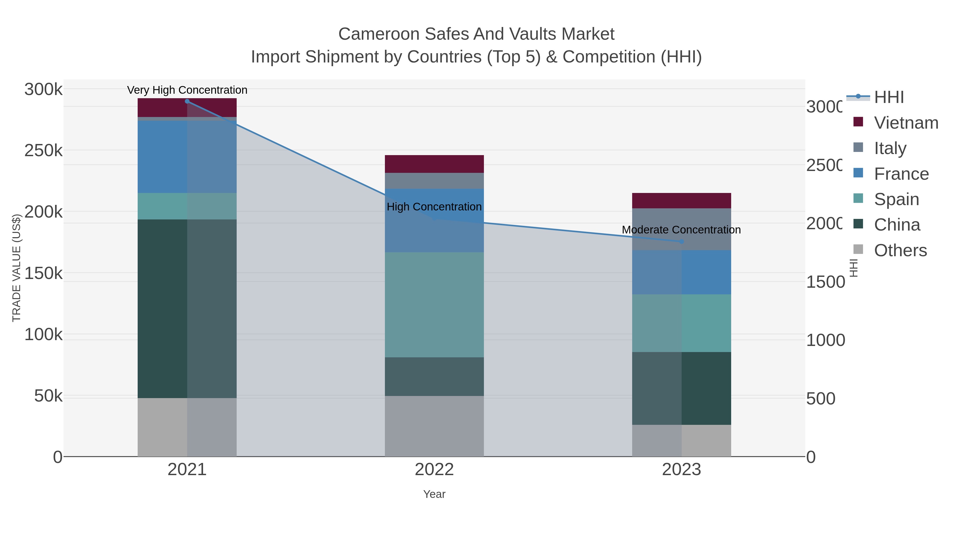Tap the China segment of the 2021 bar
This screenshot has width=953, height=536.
click(x=187, y=309)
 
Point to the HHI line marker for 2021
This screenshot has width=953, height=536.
click(x=187, y=101)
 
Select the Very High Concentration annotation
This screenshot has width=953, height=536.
click(x=187, y=90)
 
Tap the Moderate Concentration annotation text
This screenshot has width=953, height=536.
click(x=681, y=230)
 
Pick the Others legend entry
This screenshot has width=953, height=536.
click(x=900, y=250)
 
